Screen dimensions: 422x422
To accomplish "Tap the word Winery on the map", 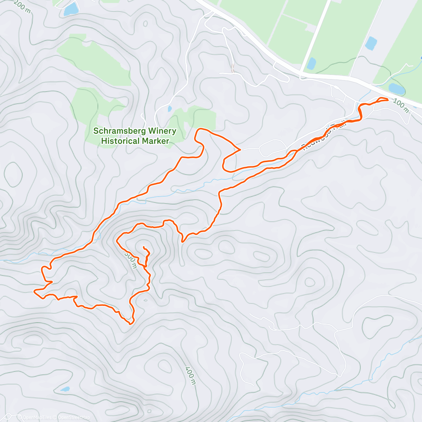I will tap(162, 131).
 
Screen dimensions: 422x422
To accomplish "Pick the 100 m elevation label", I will tap(401, 105).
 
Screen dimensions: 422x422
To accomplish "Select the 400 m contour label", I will tap(190, 375).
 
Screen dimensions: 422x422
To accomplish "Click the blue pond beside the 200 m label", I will tap(71, 9).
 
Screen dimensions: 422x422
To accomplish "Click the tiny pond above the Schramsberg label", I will tap(170, 109).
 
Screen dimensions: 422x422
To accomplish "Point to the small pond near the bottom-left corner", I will tap(65, 389).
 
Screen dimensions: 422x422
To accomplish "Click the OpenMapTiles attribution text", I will tap(37, 417).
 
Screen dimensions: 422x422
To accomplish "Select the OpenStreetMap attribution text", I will tap(74, 417).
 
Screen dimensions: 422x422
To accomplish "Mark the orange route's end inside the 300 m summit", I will tap(143, 248).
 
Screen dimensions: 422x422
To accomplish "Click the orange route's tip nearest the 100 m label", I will tap(387, 100).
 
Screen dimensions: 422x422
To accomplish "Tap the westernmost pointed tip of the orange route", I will tap(34, 291).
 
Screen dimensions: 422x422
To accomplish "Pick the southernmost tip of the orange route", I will tap(130, 324).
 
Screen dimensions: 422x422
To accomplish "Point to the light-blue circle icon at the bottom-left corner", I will tap(20, 417).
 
